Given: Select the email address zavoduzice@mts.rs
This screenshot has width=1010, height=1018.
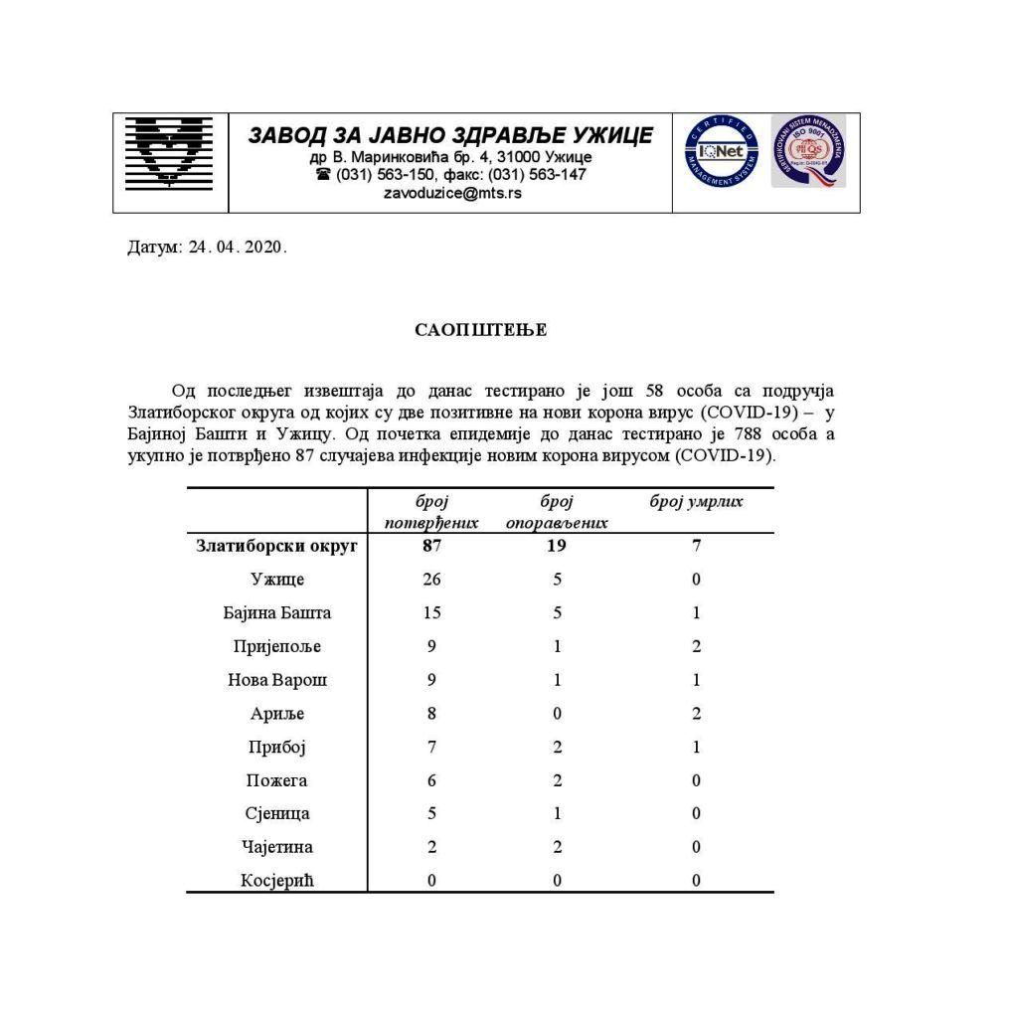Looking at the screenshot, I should coord(451,193).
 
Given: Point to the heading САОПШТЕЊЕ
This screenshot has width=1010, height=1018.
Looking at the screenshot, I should coord(480,330).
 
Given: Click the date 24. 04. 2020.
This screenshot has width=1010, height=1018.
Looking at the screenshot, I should coord(237,247).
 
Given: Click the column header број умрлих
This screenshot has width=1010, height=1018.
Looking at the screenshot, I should coord(696,502).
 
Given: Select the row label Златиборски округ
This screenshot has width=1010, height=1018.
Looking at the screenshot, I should coord(276,546).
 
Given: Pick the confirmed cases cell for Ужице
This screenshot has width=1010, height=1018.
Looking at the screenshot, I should coord(431,580).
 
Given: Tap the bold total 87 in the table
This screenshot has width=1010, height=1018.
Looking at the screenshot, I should coord(431,546).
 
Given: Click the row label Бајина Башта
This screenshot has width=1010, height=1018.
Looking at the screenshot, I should coord(277,612).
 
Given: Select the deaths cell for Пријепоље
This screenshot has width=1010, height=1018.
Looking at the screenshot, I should coord(697,646).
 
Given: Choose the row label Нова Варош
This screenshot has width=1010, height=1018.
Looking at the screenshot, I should coord(277,680).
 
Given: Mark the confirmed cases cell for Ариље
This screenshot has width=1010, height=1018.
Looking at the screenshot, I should coord(431,714).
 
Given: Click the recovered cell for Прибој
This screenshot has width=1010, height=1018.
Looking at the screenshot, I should coord(558,747).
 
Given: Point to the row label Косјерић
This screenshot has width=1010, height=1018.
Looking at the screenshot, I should coord(277,881).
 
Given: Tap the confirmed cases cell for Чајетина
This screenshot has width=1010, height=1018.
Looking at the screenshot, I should coord(431,847).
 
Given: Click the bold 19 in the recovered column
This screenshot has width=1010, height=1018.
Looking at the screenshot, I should coord(558,546).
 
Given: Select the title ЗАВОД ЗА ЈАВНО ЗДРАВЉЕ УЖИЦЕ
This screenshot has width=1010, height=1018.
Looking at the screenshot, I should coord(450,135).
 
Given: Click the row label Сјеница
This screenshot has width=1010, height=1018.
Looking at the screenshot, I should coord(277,813).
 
